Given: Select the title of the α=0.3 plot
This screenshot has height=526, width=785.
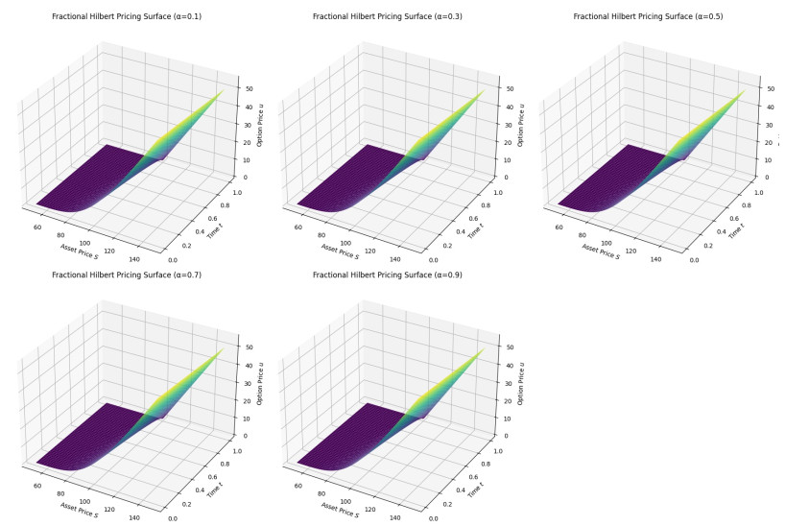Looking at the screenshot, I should tap(388, 17).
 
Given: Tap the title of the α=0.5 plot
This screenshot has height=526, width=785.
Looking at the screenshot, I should tap(648, 17).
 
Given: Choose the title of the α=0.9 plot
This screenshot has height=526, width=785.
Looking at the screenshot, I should tap(388, 275).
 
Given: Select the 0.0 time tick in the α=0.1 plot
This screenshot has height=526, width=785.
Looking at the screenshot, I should tap(173, 259).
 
